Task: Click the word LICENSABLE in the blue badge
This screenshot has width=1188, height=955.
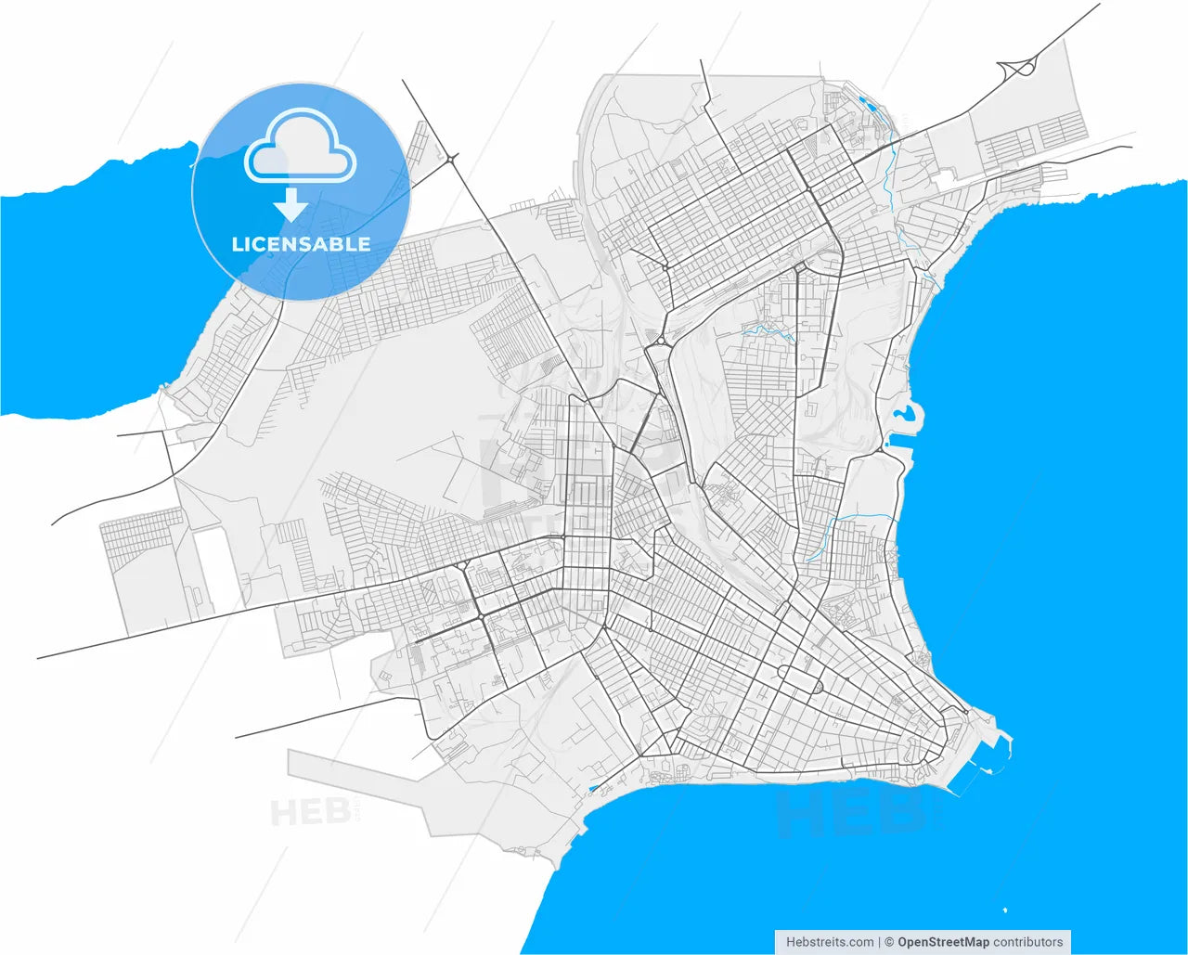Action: click(301, 244)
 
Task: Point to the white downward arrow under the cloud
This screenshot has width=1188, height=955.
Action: click(292, 204)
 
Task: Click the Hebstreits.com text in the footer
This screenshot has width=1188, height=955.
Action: click(829, 942)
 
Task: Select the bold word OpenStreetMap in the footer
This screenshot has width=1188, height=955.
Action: click(942, 942)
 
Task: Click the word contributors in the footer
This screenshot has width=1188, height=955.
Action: click(1027, 942)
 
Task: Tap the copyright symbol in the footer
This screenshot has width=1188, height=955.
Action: click(889, 942)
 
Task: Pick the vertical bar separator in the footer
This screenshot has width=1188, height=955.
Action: click(879, 942)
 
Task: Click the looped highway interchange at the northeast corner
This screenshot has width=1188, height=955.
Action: click(1018, 67)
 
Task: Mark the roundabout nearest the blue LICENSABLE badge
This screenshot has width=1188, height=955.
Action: click(451, 160)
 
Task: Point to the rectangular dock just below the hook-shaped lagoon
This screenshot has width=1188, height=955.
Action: click(898, 446)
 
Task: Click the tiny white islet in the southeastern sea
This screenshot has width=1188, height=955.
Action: click(1004, 910)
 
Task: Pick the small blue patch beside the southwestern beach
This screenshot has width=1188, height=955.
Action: click(593, 788)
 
